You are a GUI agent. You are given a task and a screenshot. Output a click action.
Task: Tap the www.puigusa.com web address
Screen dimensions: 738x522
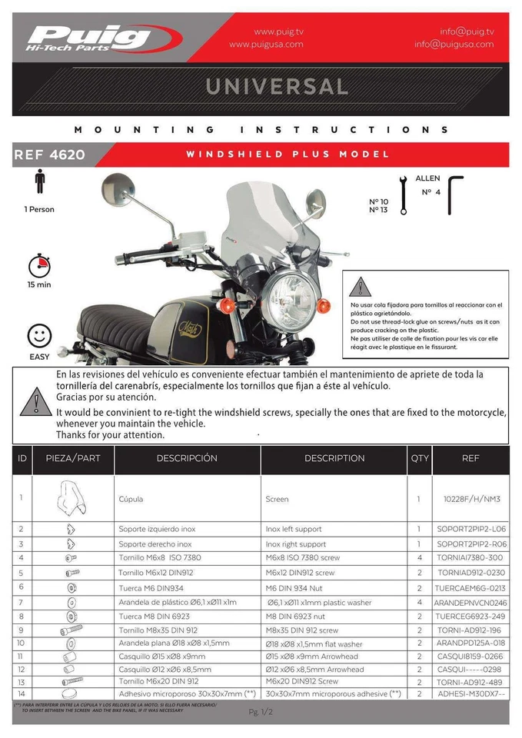coord(266,45)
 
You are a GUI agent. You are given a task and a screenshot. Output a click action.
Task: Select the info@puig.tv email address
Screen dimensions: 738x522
coord(467,32)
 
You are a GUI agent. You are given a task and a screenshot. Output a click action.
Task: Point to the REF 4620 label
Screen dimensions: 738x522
coord(49,155)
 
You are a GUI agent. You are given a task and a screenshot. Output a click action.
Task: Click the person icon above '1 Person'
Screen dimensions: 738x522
coord(39,182)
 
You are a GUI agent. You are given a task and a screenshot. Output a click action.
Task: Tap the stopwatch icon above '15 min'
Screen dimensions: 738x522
coord(39,266)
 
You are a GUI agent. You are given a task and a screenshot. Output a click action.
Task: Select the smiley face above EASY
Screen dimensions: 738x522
coord(39,337)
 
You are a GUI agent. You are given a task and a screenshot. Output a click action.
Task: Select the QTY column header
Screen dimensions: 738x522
coord(420,458)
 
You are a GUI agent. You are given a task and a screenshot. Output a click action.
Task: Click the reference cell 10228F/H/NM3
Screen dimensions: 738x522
coord(471,499)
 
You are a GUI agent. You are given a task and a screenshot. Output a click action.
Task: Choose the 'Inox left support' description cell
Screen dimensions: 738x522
coord(294,529)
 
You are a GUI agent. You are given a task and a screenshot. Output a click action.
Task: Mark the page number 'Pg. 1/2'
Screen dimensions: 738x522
coord(261,713)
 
